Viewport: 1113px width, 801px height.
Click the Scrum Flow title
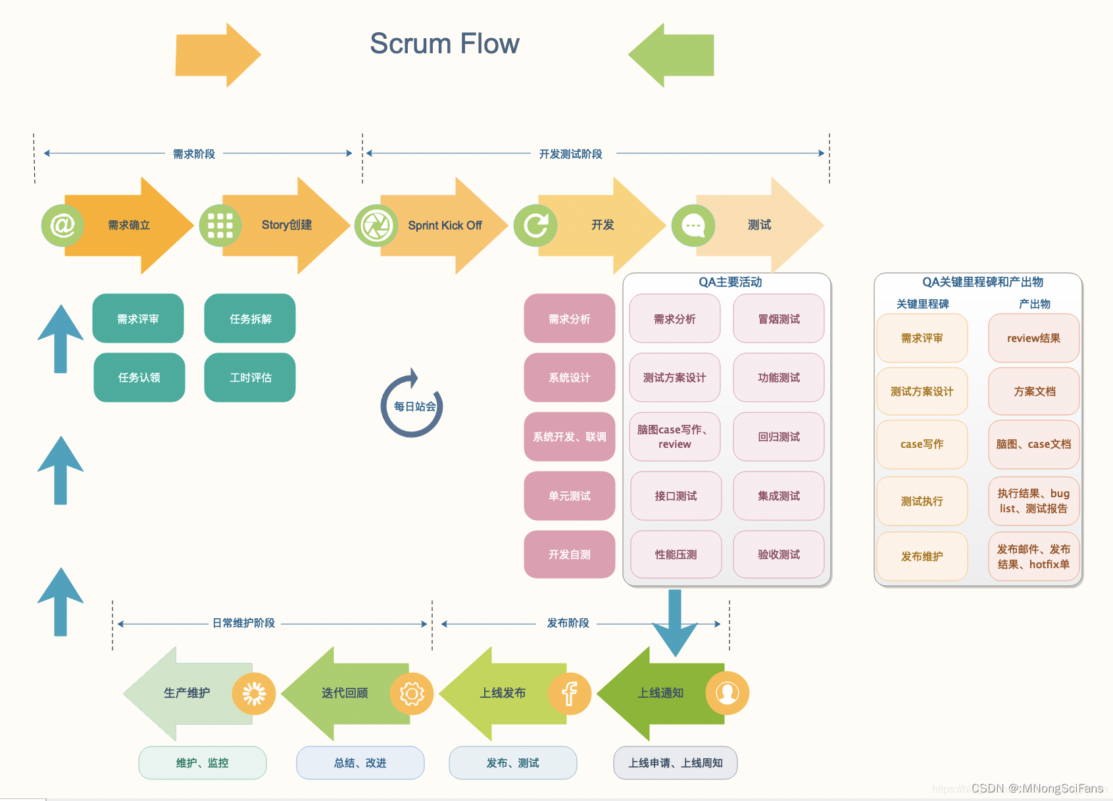pos(445,43)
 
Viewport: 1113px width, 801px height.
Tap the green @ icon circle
pos(62,225)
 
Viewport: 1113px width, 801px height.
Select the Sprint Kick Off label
pos(445,226)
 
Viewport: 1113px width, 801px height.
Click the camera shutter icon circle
pos(376,226)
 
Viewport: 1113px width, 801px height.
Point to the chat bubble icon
pos(693,226)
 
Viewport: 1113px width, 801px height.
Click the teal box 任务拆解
pos(250,318)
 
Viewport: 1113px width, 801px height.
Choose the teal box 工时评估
pos(250,377)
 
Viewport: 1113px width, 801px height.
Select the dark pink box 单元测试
pos(570,496)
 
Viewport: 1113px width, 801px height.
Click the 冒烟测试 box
pos(779,318)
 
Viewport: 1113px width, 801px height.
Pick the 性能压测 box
pos(676,554)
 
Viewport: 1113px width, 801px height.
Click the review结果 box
pos(1033,338)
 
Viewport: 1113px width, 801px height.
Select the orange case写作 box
pos(922,444)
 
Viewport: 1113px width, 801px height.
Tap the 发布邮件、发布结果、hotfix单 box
pos(1033,556)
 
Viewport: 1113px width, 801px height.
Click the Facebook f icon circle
pos(570,693)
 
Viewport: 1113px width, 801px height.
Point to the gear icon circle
pos(411,693)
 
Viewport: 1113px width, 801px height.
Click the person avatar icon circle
pos(727,693)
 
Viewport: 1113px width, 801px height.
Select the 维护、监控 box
pos(202,763)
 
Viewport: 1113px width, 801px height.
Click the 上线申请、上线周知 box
pos(676,763)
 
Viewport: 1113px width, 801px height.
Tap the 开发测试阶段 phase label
pos(570,154)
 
